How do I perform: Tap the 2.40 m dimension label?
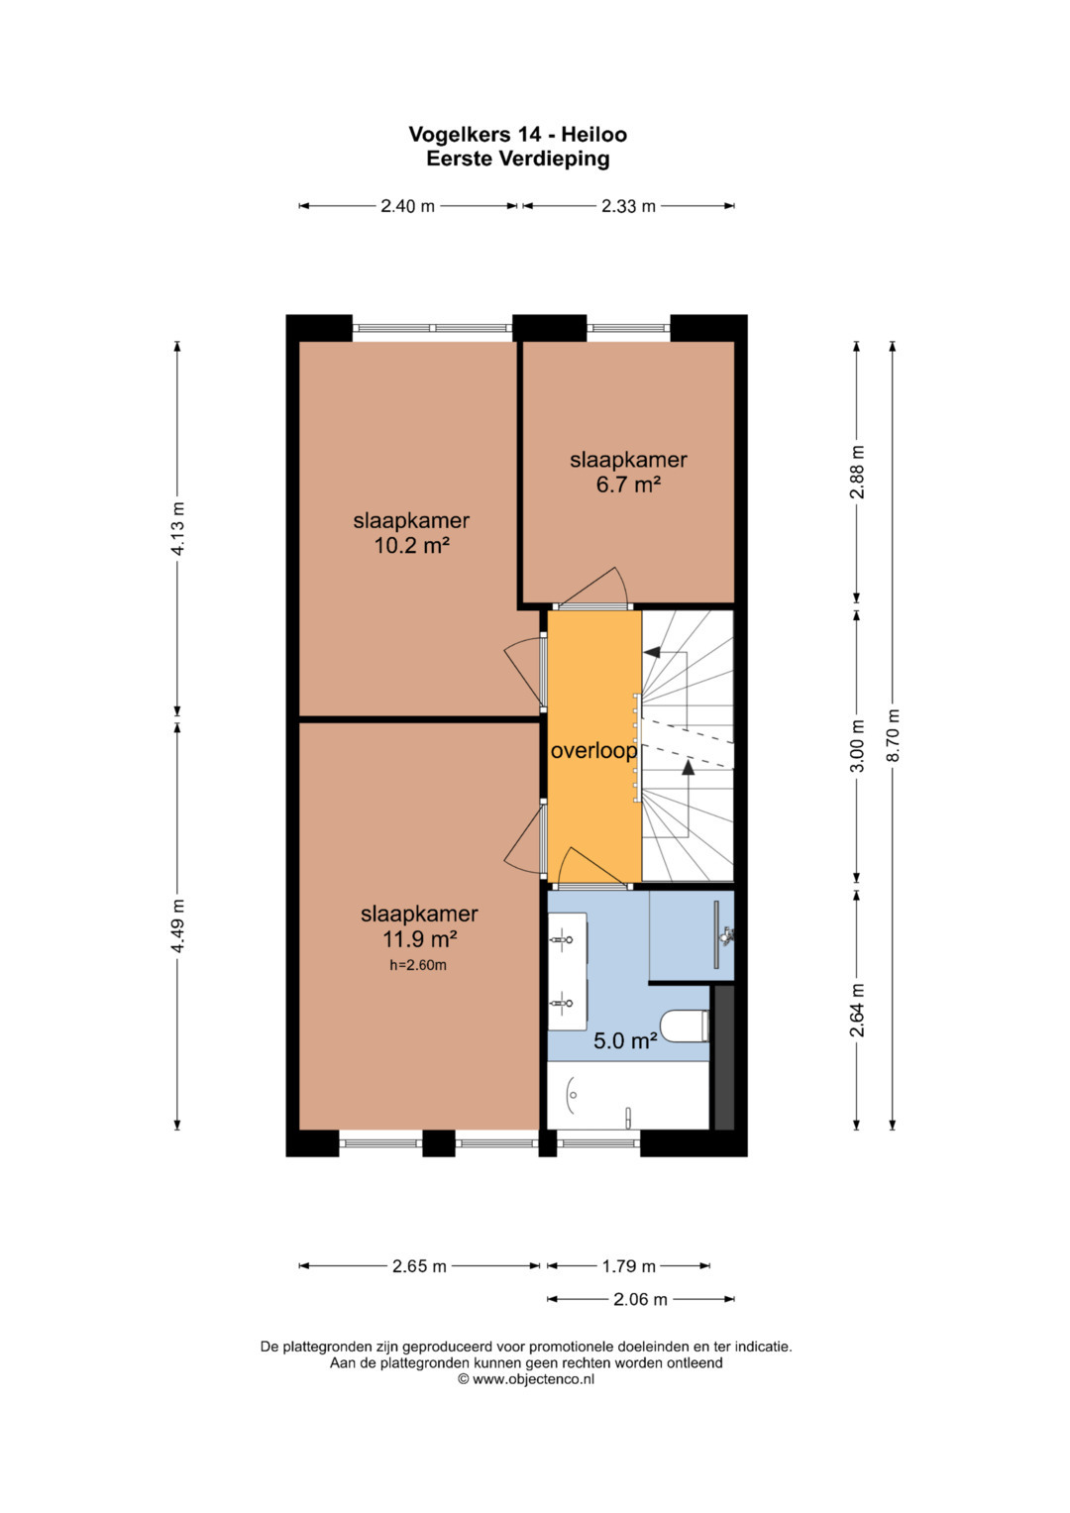point(407,206)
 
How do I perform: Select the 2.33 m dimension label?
point(628,206)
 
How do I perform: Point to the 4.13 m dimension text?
point(177,528)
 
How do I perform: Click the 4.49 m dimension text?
point(177,926)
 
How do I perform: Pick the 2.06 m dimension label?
point(640,1299)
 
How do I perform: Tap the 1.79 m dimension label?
point(629,1265)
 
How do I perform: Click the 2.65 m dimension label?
point(419,1265)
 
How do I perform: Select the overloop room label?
point(593,751)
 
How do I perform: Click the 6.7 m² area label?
point(628,485)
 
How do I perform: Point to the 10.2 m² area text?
point(412,545)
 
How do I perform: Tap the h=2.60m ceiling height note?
point(418,965)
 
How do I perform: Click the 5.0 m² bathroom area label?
point(625,1040)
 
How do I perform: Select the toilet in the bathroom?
point(685,1026)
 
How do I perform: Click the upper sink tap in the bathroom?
point(562,939)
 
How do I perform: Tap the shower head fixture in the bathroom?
point(726,935)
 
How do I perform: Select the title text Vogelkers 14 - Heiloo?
point(517,135)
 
